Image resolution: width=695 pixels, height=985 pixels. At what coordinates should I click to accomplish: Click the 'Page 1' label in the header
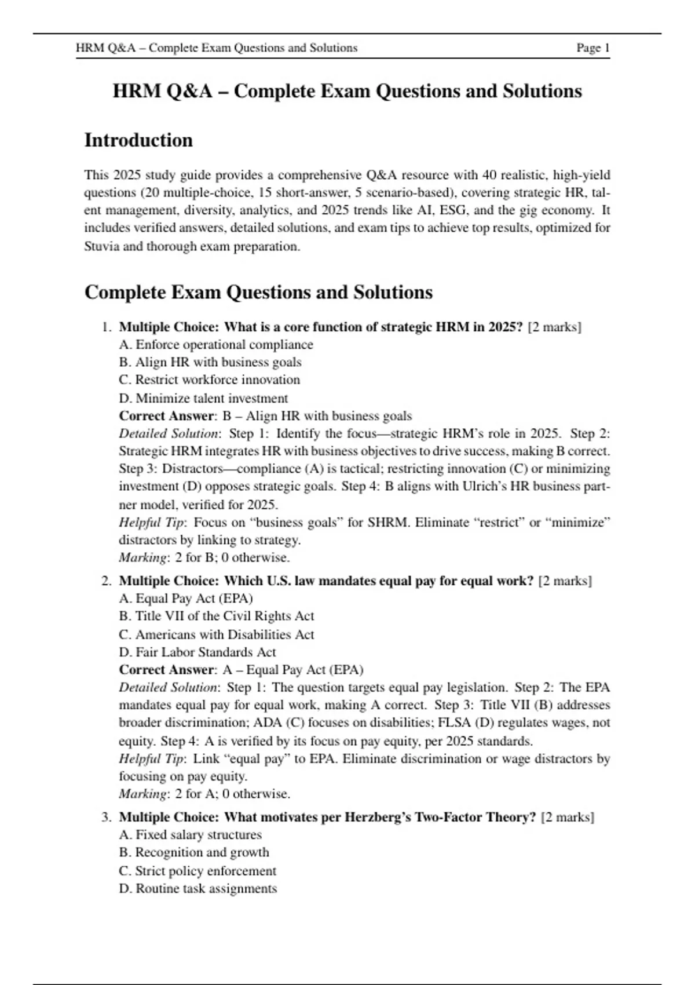592,48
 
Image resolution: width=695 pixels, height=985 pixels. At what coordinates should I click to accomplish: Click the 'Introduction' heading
138,140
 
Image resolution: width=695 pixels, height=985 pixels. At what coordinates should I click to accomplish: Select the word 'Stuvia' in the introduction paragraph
102,246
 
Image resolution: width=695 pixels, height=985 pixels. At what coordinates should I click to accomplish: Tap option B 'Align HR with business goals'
210,362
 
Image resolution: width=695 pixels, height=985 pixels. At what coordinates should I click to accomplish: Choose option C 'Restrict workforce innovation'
210,380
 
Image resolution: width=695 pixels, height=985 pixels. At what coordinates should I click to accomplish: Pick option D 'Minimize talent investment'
203,398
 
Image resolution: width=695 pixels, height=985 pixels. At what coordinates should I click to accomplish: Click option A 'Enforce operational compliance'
216,345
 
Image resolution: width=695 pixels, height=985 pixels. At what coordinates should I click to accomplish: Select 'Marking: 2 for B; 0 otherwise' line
204,557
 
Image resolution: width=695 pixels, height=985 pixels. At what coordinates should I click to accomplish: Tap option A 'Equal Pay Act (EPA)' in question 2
186,598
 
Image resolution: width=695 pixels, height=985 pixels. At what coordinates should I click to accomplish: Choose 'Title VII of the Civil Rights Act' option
217,616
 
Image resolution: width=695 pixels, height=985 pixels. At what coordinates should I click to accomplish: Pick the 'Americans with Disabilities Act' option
217,634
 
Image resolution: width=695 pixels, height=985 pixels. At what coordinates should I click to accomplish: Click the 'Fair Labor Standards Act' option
197,652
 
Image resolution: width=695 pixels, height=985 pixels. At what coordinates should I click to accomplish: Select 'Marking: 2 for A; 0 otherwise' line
204,794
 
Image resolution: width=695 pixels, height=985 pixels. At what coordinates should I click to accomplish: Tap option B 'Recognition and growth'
194,852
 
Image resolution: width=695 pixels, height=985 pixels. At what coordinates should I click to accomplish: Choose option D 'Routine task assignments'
198,888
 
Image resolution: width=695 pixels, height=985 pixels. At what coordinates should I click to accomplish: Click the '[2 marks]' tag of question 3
567,817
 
